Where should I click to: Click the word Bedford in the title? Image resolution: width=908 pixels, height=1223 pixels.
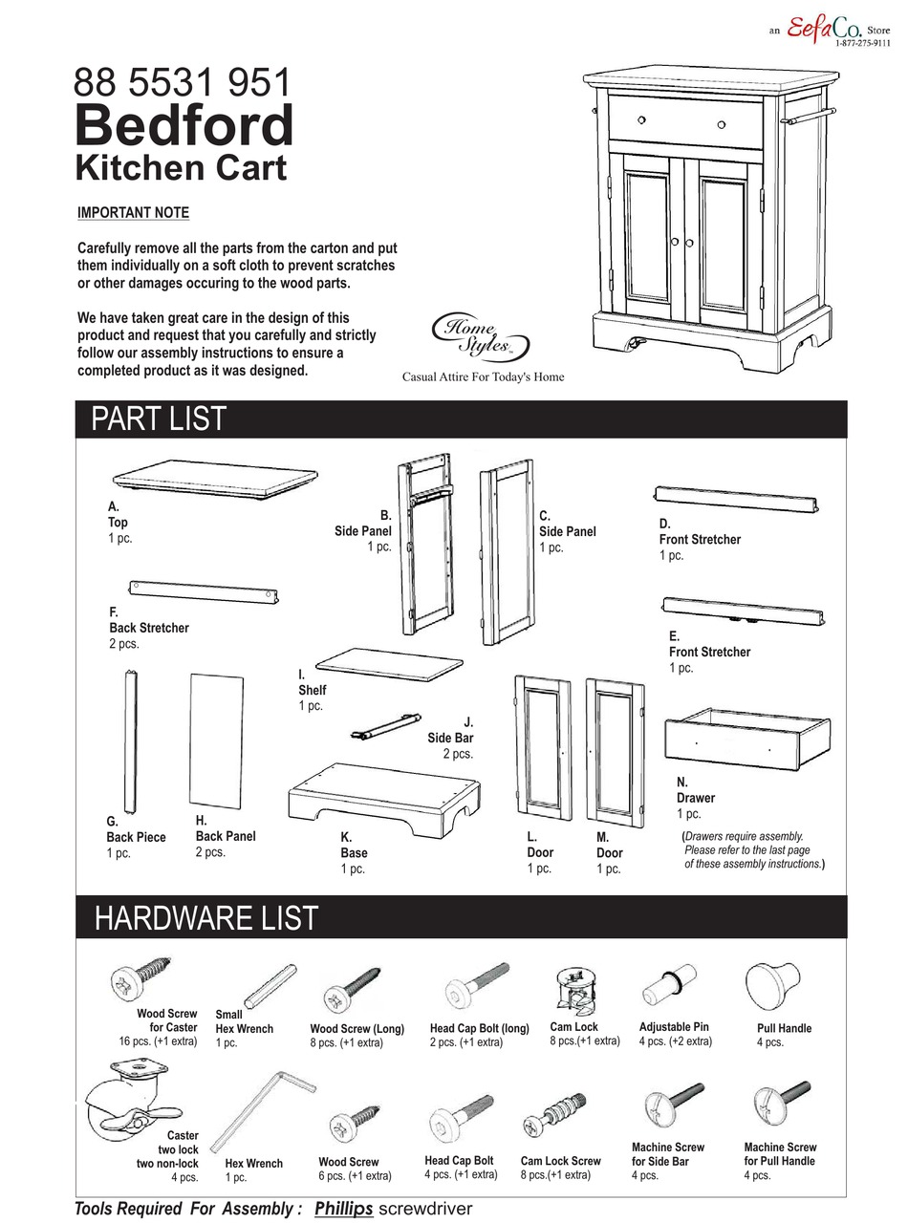tap(184, 125)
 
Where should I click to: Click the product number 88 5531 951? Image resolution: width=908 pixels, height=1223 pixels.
tap(182, 83)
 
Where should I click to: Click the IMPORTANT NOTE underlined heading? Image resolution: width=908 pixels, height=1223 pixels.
tap(133, 213)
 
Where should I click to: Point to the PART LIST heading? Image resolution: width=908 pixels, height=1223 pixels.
tap(159, 419)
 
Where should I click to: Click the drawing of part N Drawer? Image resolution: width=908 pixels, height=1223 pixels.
tap(746, 737)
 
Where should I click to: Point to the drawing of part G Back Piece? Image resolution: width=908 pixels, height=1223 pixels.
tap(130, 740)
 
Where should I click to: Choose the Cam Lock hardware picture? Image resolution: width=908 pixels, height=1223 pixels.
tap(577, 994)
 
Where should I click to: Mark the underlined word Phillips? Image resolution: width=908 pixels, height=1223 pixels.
tap(343, 1209)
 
